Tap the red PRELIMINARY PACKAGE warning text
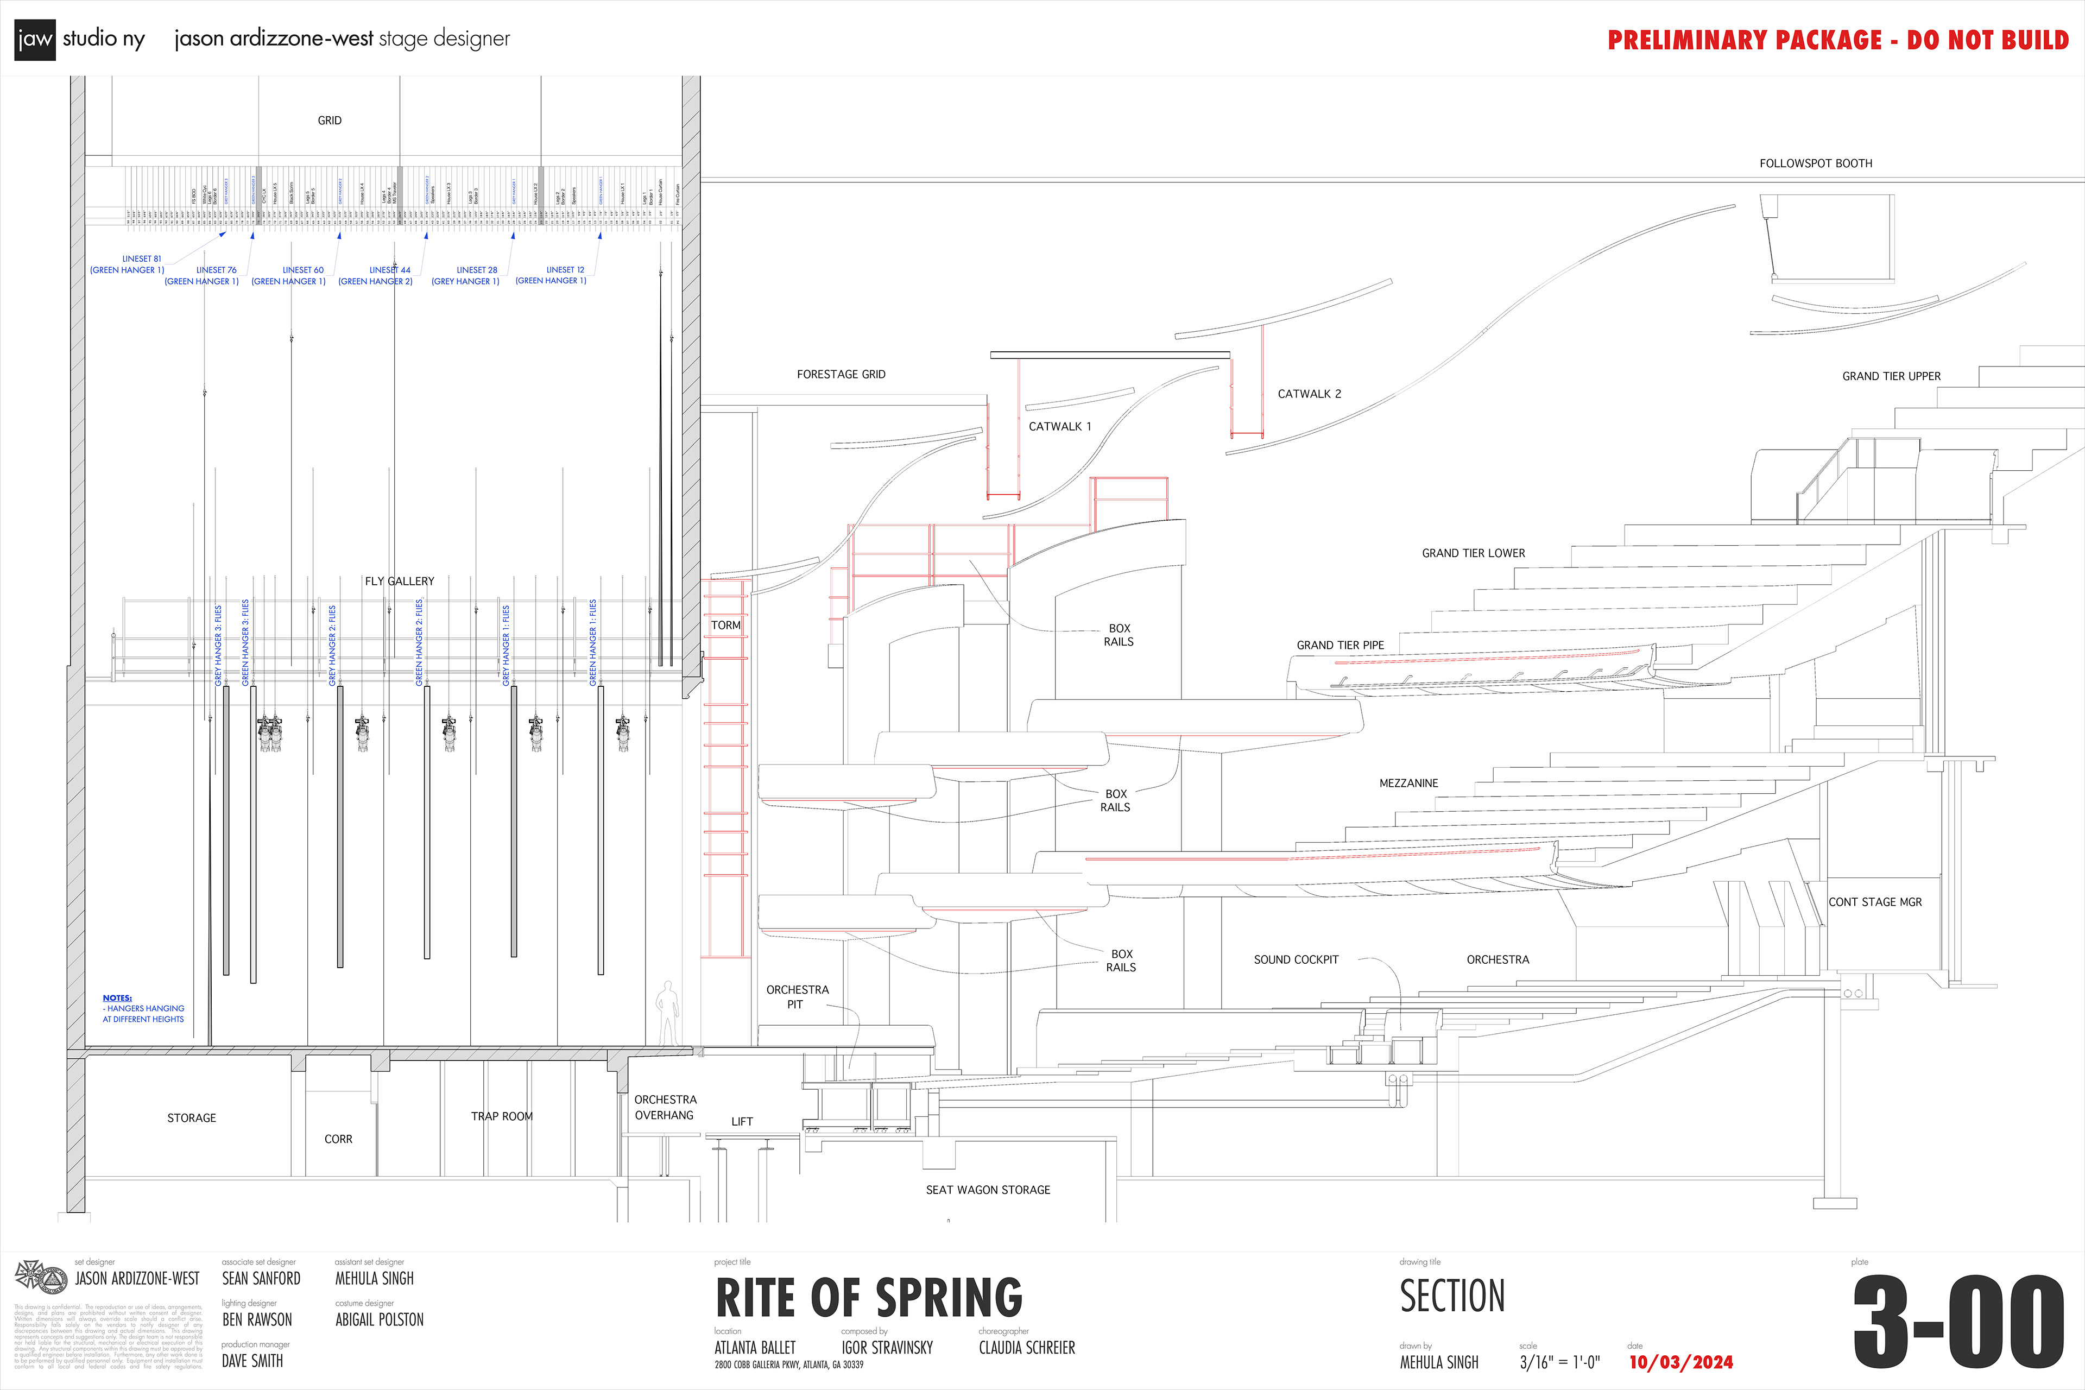(1837, 40)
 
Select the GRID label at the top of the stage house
(330, 121)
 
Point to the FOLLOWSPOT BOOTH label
(1816, 163)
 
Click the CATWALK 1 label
(1059, 426)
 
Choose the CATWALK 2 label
(1309, 394)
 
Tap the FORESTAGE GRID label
(841, 374)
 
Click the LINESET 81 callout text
(141, 259)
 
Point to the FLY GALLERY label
(399, 582)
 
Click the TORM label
(725, 625)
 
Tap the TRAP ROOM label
(502, 1116)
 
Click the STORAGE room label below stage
(192, 1118)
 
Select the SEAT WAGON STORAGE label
(988, 1190)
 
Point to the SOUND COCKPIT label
(1295, 959)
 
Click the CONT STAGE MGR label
(1875, 901)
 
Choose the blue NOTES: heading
(117, 998)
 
